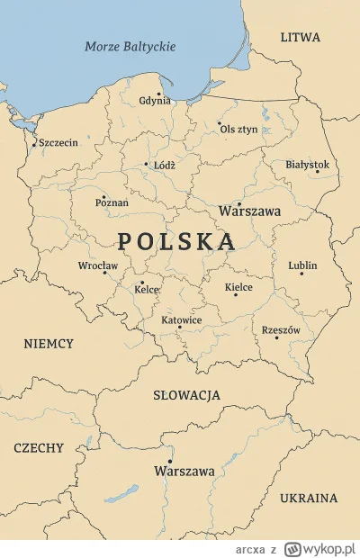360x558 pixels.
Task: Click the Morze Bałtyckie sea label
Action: click(130, 47)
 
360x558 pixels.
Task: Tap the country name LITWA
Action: click(300, 38)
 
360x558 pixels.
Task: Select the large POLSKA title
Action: click(176, 241)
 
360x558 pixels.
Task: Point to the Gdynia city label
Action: click(155, 101)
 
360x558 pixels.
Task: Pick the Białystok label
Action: click(307, 165)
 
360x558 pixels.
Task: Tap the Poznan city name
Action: click(112, 203)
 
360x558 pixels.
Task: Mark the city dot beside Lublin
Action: click(301, 274)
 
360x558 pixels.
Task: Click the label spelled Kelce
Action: click(147, 290)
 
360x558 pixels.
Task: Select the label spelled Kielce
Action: click(238, 287)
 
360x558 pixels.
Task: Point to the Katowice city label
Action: click(181, 320)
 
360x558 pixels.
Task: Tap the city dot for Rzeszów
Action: click(277, 337)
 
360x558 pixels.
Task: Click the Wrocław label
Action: click(97, 265)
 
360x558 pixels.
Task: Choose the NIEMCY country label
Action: click(49, 344)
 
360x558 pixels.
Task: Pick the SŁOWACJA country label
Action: click(187, 395)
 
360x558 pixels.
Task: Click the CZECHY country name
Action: click(39, 448)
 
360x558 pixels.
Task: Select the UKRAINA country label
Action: click(309, 498)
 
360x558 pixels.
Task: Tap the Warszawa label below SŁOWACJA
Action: click(184, 472)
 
